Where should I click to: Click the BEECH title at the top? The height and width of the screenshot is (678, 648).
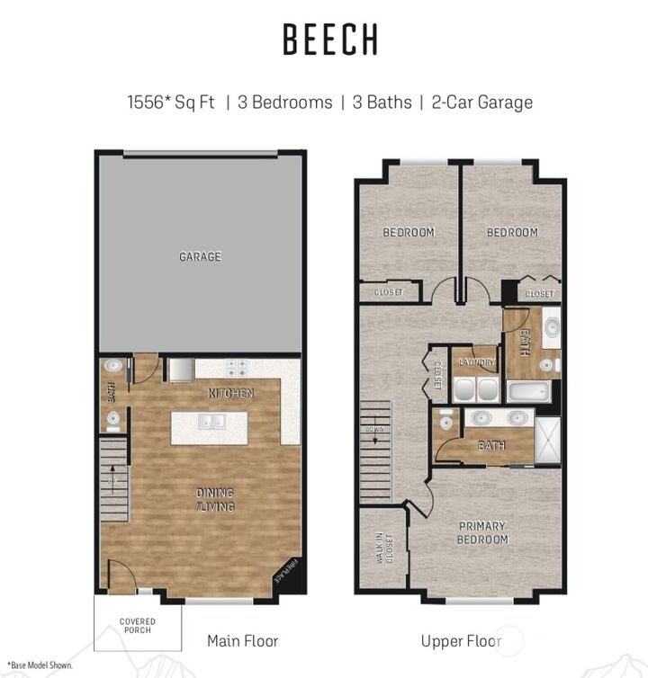coord(329,40)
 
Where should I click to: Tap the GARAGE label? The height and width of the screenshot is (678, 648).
coord(199,257)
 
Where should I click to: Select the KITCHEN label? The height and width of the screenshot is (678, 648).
coord(231,394)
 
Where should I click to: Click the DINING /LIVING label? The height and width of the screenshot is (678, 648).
coord(215,499)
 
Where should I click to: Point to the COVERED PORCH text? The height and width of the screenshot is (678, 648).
coord(137,625)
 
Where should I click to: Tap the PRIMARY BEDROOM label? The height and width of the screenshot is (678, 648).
coord(482,532)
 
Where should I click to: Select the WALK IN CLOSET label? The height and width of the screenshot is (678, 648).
coord(385,547)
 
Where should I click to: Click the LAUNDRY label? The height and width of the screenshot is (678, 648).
coord(475,362)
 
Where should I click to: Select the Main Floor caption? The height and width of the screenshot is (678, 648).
coord(242,641)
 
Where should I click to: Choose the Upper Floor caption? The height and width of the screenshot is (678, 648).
coord(460,641)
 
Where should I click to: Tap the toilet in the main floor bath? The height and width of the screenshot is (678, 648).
coord(112,419)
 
